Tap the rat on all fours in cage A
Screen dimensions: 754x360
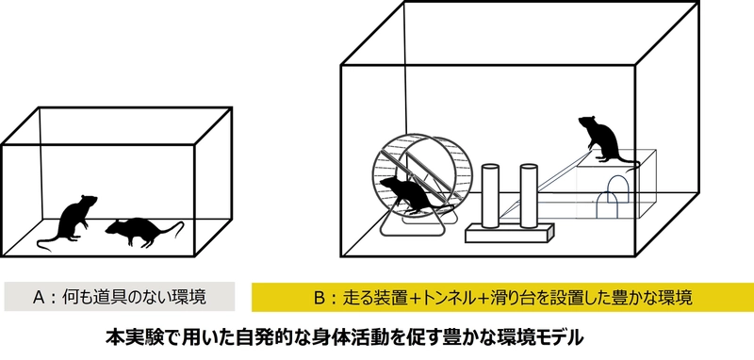click(139, 231)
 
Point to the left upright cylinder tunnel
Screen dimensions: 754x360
click(490, 196)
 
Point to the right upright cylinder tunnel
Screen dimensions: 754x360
click(529, 195)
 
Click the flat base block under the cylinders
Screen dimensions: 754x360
click(510, 233)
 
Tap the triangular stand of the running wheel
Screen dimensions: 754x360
click(413, 223)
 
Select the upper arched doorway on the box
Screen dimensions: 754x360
click(617, 188)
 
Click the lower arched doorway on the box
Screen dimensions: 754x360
click(607, 206)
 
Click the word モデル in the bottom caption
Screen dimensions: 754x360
click(560, 338)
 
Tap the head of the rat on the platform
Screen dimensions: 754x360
click(587, 122)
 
